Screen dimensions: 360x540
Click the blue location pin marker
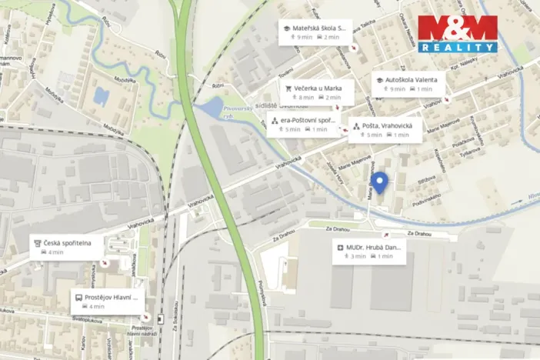point(378,182)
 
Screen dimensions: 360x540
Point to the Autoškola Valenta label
point(404,79)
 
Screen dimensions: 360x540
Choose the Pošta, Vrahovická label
point(389,125)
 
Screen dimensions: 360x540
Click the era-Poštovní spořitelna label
point(308,121)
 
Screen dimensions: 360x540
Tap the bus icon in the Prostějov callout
point(78,297)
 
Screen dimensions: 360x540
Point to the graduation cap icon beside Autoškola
point(379,79)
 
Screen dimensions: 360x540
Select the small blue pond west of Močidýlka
point(101,95)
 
